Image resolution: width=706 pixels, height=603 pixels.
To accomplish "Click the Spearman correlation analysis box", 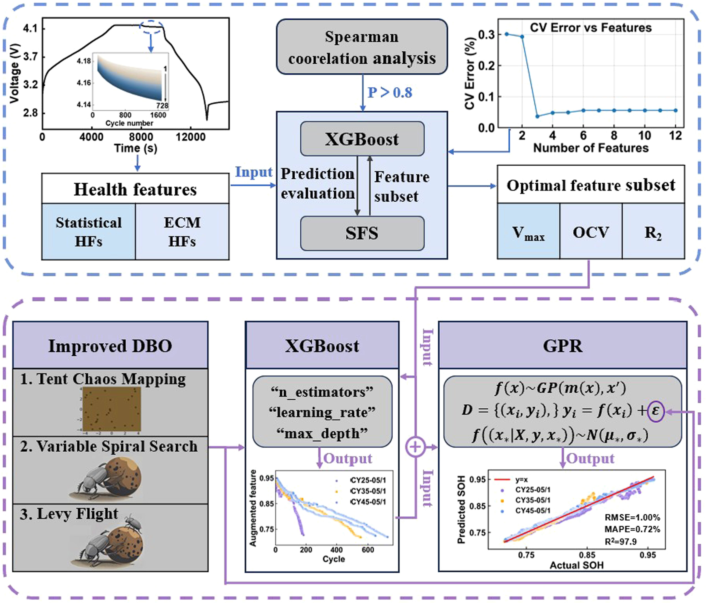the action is (362, 47).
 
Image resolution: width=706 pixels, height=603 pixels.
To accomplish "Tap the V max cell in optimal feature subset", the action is (529, 231).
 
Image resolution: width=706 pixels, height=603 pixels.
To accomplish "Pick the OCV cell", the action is (591, 231).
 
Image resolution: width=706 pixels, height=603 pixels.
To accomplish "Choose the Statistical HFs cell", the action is (89, 232).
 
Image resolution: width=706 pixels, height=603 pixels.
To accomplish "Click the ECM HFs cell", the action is (182, 232).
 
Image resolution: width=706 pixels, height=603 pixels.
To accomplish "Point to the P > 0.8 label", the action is (390, 92).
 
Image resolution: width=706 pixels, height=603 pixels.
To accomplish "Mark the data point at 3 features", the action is (537, 116).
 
